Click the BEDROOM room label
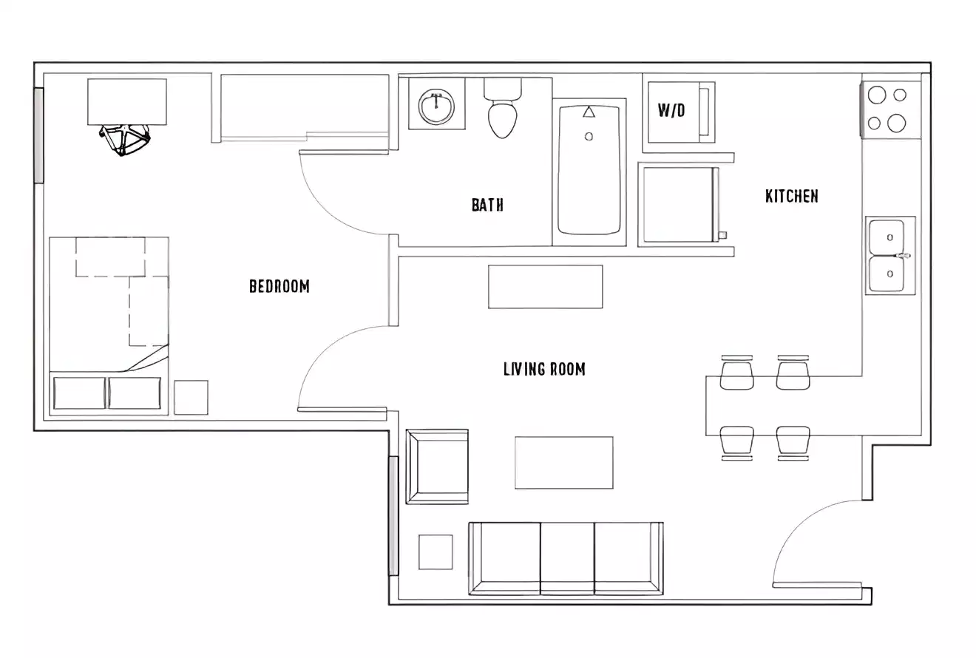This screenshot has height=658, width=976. point(279,286)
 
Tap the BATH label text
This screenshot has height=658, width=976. point(487,205)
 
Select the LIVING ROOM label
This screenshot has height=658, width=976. point(544,369)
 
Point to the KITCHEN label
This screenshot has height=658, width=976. point(791,196)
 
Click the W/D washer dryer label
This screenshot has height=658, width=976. point(671,111)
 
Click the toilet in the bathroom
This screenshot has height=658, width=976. point(503,111)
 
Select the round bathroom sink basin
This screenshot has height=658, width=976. point(436,108)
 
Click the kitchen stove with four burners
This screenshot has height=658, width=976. point(890,109)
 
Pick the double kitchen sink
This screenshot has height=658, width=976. point(889,255)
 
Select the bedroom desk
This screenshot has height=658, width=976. point(126,101)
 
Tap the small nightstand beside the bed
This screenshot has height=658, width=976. point(191,397)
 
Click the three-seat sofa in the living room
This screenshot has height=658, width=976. point(566,558)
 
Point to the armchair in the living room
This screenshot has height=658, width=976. point(437,467)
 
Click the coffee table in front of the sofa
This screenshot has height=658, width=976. point(563,462)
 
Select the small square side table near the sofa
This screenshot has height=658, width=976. point(436,552)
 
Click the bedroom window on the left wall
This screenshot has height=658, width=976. point(38,135)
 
